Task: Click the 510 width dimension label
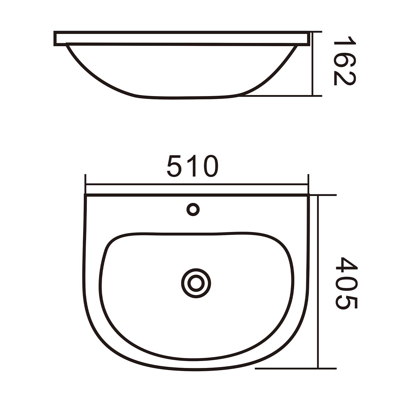(192, 166)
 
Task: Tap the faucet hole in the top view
(193, 210)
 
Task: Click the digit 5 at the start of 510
(174, 166)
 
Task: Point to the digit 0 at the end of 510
(211, 166)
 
